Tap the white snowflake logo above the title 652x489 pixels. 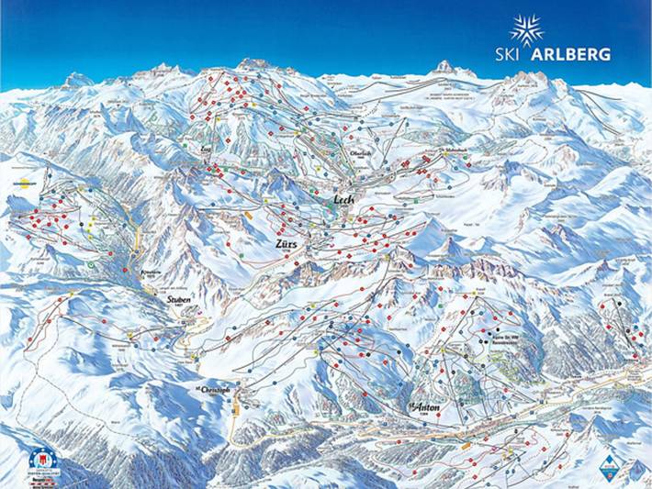tap(526, 28)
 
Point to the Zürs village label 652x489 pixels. tap(288, 245)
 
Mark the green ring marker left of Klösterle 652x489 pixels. tap(91, 264)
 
